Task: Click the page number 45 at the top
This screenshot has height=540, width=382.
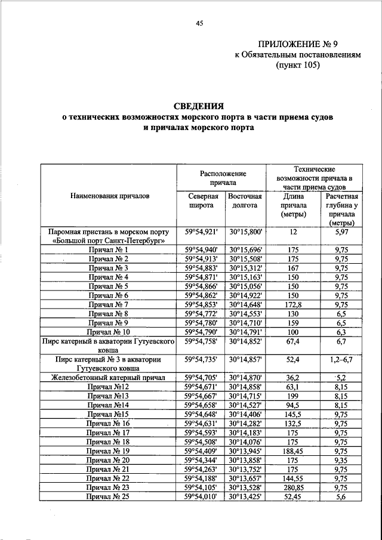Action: [199, 23]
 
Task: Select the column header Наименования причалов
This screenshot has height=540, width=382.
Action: [110, 196]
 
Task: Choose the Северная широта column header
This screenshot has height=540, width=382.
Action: [200, 200]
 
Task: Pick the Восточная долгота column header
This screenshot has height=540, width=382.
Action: [241, 200]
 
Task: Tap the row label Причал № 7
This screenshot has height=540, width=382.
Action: [109, 304]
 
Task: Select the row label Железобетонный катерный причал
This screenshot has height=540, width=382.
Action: [107, 378]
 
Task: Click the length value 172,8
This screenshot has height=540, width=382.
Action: [292, 304]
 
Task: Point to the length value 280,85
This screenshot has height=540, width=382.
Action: [292, 487]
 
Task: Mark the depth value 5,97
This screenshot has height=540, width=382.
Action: [341, 232]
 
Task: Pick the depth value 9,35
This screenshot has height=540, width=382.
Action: [341, 460]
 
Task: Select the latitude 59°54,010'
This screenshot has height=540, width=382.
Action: [201, 496]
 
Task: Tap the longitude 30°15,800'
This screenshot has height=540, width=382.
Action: [241, 232]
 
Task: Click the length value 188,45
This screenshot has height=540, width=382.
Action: [292, 450]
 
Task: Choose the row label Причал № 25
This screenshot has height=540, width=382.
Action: [108, 496]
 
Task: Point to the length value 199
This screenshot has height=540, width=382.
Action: [292, 396]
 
